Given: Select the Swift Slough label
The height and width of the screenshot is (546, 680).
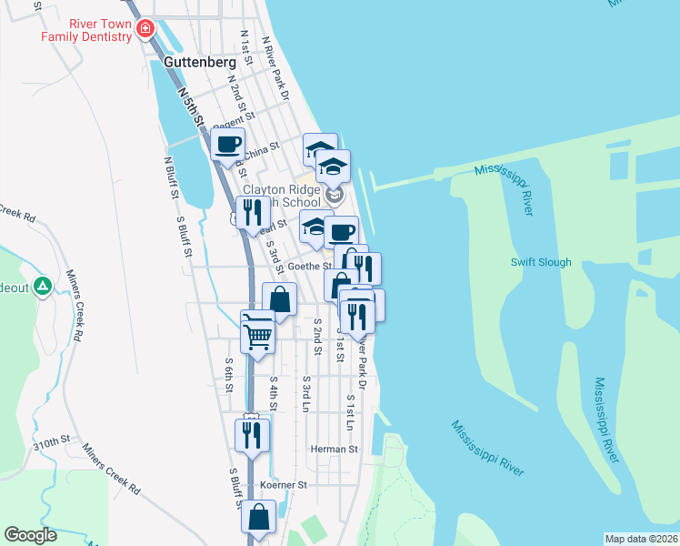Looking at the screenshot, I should pyautogui.click(x=541, y=262).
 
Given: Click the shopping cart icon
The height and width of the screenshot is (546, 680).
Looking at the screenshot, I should pyautogui.click(x=258, y=333).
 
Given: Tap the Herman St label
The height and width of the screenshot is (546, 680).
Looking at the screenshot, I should pyautogui.click(x=334, y=449).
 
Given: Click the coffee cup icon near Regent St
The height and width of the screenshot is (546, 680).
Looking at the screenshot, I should pyautogui.click(x=227, y=144).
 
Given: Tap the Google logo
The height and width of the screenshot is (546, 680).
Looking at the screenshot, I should pyautogui.click(x=30, y=535).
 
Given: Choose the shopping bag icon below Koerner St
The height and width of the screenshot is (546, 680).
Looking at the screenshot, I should pyautogui.click(x=258, y=517).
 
